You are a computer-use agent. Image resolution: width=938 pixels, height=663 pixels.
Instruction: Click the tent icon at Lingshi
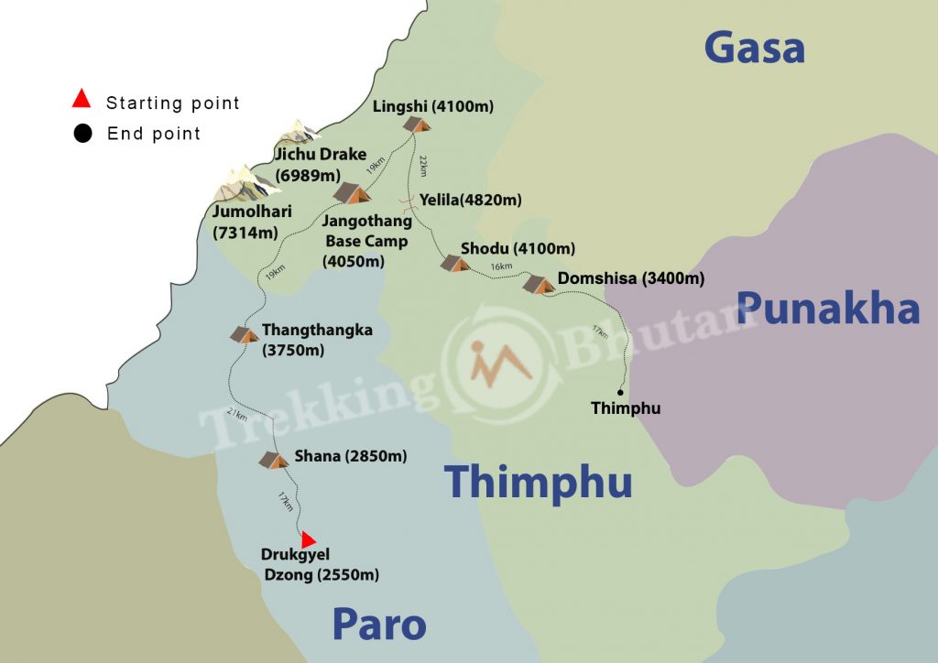pyautogui.click(x=418, y=124)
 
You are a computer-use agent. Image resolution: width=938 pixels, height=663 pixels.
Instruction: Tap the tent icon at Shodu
pyautogui.click(x=454, y=263)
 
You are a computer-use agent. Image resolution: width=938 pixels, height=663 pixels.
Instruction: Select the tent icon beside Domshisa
pyautogui.click(x=539, y=284)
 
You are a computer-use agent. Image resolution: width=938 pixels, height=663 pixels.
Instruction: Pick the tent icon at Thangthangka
pyautogui.click(x=245, y=334)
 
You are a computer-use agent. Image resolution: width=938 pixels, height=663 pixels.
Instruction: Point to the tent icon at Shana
pyautogui.click(x=273, y=460)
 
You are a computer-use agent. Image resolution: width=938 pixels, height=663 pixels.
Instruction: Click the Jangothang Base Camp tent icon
pyautogui.click(x=352, y=192)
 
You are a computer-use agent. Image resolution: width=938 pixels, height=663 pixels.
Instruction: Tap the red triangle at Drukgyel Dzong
pyautogui.click(x=309, y=539)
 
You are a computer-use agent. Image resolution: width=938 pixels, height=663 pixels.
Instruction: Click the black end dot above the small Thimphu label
pyautogui.click(x=620, y=392)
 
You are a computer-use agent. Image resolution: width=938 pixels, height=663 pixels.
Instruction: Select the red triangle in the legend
pyautogui.click(x=82, y=99)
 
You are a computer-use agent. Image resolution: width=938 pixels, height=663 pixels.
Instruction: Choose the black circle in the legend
pyautogui.click(x=83, y=134)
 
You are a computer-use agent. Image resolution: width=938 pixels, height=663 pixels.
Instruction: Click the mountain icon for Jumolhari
pyautogui.click(x=243, y=183)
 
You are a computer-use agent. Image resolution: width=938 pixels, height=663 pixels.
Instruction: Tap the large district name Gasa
pyautogui.click(x=754, y=48)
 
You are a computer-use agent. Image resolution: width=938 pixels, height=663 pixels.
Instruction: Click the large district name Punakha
pyautogui.click(x=828, y=310)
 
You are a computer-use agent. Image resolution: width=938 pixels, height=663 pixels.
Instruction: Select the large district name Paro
pyautogui.click(x=378, y=625)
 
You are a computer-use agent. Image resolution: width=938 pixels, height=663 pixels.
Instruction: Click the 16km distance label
pyautogui.click(x=501, y=266)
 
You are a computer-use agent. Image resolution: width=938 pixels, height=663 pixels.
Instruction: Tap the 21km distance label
pyautogui.click(x=235, y=415)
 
